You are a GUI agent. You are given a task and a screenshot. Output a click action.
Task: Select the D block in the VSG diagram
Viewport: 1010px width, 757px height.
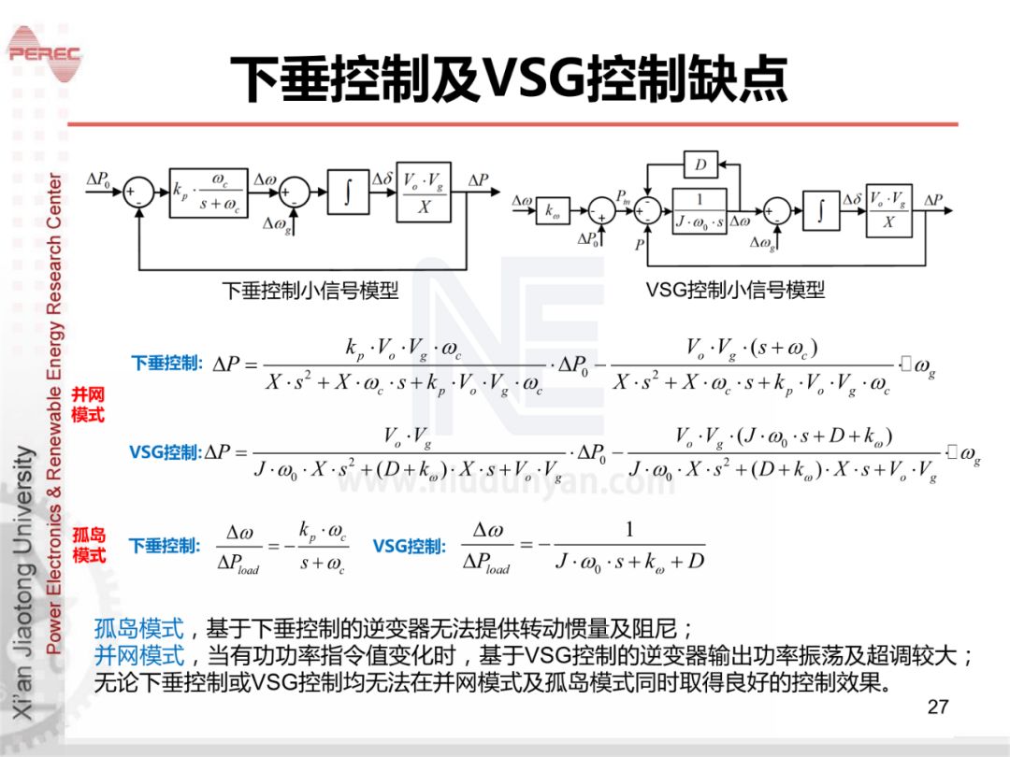700,166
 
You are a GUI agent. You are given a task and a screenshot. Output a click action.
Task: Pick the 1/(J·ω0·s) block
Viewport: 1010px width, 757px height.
699,211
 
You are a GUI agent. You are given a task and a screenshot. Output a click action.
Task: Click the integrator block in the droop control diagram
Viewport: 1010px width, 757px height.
348,192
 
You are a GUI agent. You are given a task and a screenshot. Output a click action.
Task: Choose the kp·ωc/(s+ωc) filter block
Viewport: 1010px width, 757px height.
209,192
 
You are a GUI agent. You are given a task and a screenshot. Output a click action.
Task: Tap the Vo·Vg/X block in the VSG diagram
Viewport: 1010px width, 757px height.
888,210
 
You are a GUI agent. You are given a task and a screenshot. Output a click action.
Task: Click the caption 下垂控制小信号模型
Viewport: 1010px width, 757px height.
310,291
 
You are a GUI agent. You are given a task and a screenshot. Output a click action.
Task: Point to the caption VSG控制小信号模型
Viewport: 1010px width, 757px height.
735,291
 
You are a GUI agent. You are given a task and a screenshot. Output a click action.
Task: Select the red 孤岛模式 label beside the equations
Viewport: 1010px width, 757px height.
89,545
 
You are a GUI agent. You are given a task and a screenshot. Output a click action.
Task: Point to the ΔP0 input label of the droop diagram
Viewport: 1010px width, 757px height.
98,178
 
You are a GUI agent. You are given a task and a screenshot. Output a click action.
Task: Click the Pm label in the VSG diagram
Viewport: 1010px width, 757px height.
623,196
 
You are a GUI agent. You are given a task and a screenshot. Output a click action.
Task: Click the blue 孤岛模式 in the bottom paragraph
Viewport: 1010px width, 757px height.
139,627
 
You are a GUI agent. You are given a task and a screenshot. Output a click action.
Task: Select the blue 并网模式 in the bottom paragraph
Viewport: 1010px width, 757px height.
139,655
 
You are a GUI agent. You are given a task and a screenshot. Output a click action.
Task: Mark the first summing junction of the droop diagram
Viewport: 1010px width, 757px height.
139,192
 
